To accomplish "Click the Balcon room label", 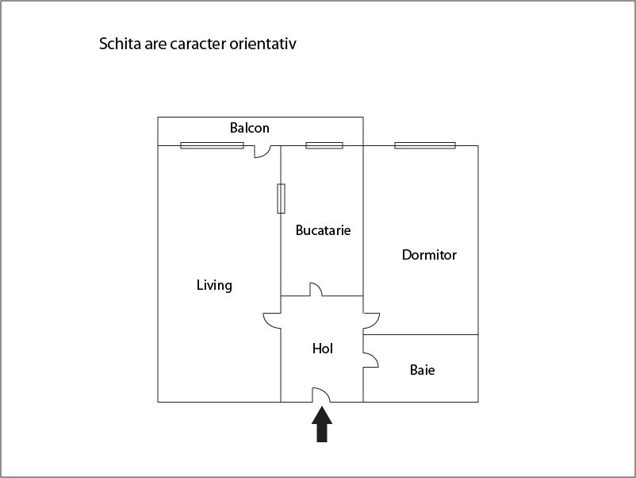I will coord(250,128).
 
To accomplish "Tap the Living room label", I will coord(214,285).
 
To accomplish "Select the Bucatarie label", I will coord(323,230).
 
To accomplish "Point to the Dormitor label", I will coord(429,255).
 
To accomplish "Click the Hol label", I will coord(323,349).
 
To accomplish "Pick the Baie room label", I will coord(422,370).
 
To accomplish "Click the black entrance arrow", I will coord(322,424).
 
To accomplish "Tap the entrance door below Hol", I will coord(321,395).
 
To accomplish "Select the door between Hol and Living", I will coord(273,319).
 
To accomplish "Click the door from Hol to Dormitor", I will coord(371,320).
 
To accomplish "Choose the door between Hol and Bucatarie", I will coord(315,290).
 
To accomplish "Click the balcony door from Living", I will coord(262,151).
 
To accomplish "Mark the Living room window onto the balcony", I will coord(212,145).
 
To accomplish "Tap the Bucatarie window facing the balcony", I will coord(324,145).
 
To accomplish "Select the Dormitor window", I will coord(425,145).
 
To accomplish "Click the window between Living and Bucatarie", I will coord(281,199).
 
